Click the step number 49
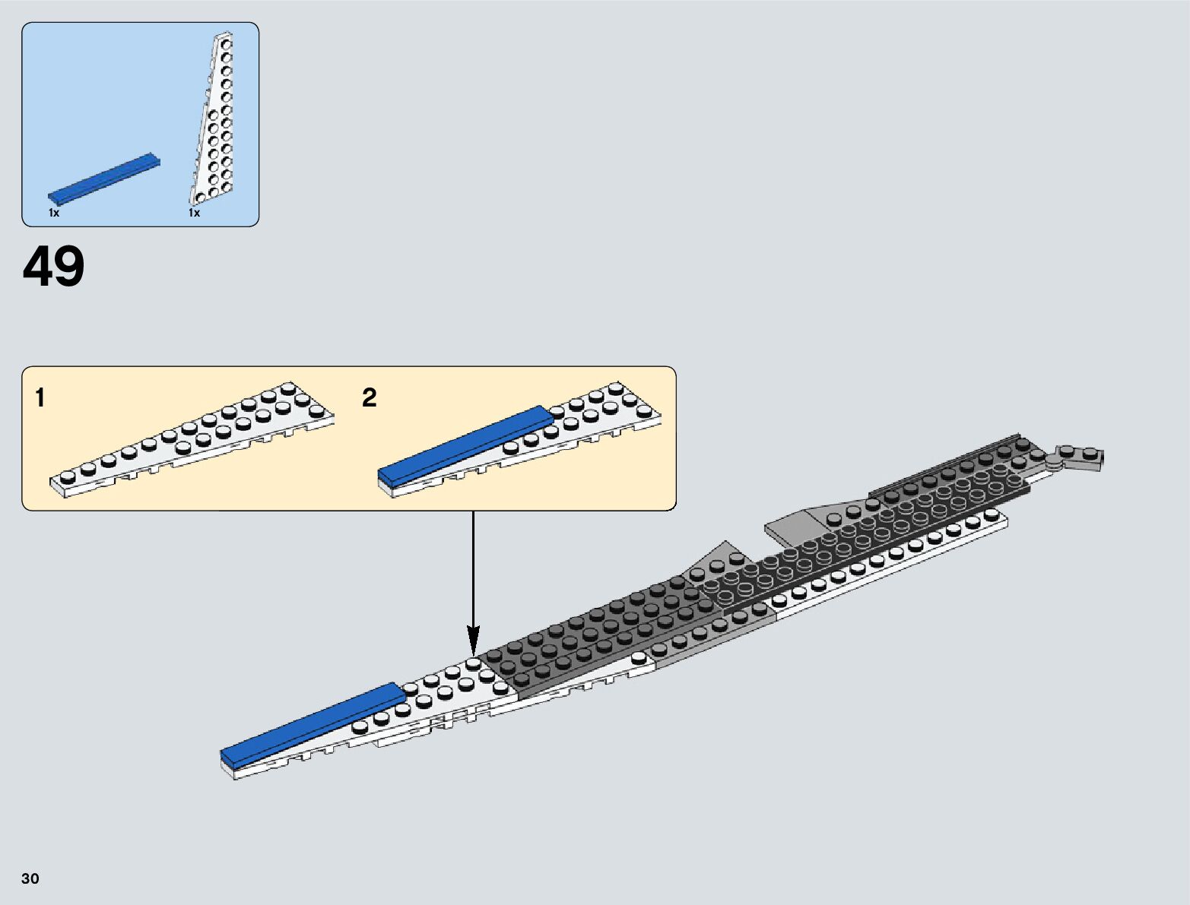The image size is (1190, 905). click(x=53, y=267)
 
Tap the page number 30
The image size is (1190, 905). click(x=30, y=878)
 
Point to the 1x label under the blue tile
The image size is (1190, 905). click(x=54, y=214)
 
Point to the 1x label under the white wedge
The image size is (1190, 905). click(x=195, y=214)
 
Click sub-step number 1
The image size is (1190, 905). click(x=40, y=397)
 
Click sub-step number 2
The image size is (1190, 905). click(x=370, y=397)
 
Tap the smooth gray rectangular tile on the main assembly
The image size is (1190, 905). click(x=791, y=525)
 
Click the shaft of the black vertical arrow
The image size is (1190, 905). click(x=474, y=562)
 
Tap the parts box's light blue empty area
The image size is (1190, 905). click(x=114, y=91)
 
